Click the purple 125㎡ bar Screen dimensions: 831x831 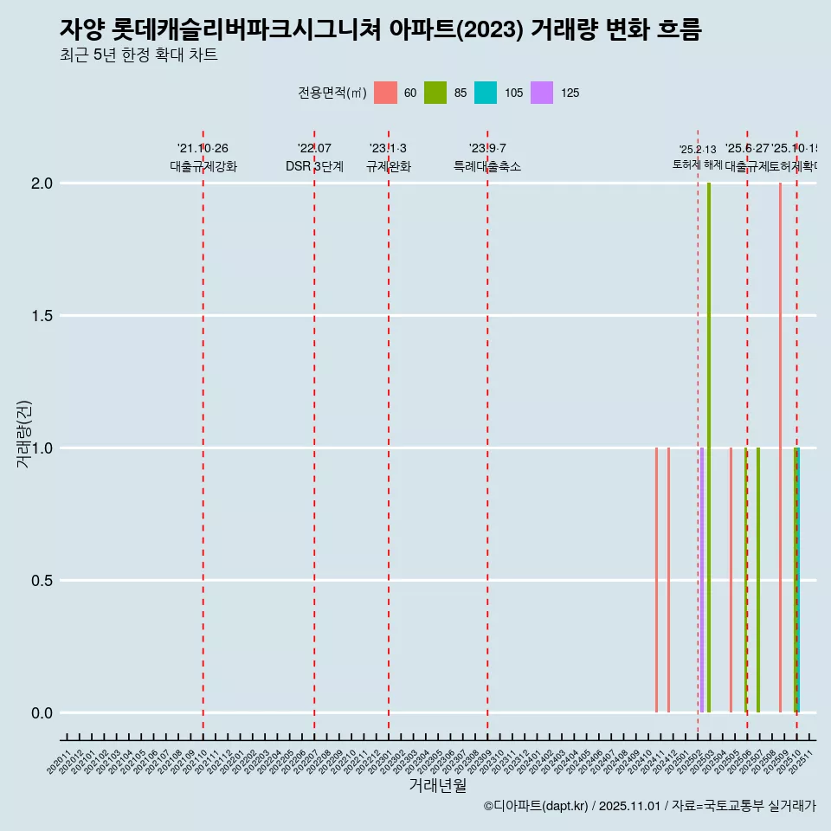(702, 580)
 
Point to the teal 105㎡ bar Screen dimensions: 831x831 (798, 580)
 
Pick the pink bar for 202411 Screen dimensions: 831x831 (656, 580)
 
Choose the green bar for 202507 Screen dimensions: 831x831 (758, 580)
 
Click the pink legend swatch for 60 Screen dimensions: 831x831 (385, 93)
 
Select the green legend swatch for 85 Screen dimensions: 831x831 (435, 93)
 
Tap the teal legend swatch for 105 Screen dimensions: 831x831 (486, 93)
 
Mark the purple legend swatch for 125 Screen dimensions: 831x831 (542, 93)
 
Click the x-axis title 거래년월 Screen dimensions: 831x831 (437, 786)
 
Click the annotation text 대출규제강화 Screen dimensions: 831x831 (203, 166)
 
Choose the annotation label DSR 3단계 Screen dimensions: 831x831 (314, 166)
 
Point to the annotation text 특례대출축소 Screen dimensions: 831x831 (487, 166)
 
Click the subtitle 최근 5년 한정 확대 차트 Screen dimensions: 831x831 (138, 55)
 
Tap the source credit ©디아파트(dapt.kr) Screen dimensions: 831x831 (536, 806)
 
